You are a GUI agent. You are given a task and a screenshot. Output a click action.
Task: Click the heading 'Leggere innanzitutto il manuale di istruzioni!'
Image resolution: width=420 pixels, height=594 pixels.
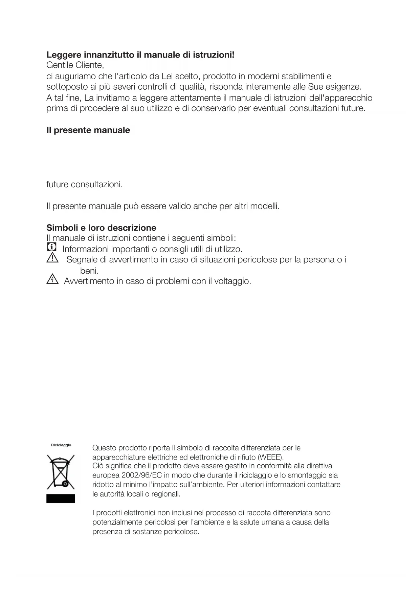(x=140, y=55)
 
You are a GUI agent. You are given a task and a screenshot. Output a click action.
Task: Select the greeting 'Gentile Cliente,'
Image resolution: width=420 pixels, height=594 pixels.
(x=75, y=65)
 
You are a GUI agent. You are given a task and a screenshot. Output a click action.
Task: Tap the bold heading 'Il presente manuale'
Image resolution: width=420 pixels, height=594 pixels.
(x=88, y=130)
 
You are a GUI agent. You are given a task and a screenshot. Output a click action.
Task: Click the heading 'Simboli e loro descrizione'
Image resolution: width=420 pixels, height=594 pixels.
(x=101, y=228)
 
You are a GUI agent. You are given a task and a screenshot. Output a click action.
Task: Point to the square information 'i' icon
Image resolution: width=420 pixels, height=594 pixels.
(x=52, y=247)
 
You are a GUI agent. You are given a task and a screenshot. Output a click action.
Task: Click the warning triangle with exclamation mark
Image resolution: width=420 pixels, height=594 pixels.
(x=52, y=259)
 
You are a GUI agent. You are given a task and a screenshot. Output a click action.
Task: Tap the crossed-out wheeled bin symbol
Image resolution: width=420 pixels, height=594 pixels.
(x=61, y=472)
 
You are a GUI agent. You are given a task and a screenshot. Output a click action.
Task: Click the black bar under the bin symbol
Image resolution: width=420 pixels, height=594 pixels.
(x=61, y=498)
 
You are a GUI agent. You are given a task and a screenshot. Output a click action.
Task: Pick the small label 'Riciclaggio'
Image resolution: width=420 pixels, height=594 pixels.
(x=61, y=445)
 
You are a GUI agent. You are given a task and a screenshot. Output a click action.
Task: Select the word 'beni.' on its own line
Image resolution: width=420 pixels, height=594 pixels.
(x=89, y=271)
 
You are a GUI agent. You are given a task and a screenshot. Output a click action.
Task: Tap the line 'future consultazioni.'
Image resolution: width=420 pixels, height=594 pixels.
(x=84, y=185)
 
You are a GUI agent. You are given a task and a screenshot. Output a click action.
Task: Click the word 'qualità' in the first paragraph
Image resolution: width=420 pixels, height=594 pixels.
(x=192, y=87)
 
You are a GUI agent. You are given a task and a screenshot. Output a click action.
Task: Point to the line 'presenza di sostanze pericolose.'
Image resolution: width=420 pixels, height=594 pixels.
(x=146, y=532)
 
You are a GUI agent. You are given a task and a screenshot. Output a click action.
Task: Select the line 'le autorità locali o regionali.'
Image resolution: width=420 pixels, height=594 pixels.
(x=136, y=494)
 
